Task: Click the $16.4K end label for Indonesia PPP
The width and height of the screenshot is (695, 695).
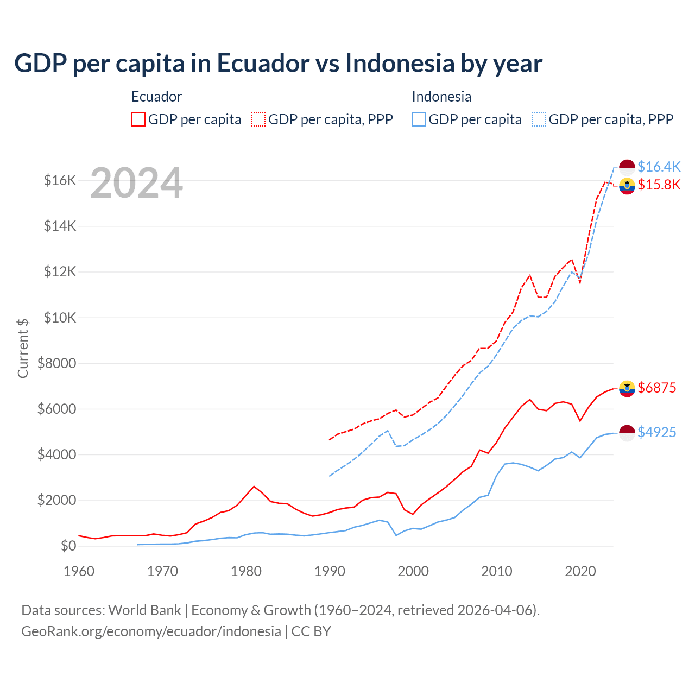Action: coord(659,167)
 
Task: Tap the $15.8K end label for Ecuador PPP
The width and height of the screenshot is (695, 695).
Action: coord(659,185)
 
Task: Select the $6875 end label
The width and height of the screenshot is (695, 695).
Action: coord(657,388)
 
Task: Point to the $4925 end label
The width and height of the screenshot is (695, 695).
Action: coord(657,432)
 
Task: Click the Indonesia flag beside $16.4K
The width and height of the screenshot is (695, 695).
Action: coord(627,167)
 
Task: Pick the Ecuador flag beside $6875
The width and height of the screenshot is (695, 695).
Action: coord(627,388)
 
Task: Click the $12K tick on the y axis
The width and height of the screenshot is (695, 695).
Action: coord(60,271)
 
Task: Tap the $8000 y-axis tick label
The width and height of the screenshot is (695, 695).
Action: coord(57,363)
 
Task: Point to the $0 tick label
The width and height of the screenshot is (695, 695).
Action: coord(68,546)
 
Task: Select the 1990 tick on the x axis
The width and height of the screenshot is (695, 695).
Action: coord(330,571)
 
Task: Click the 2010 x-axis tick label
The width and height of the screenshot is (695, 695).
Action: coord(497,571)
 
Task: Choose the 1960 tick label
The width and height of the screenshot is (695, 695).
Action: coord(79,571)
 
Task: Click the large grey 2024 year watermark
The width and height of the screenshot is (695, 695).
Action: coord(136,183)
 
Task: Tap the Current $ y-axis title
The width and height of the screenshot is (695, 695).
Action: coord(23,348)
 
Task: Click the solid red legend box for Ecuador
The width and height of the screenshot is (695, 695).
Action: coord(138,119)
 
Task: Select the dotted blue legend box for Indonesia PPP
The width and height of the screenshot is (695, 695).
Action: coord(539,119)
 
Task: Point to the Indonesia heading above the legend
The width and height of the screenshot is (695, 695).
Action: coord(441,97)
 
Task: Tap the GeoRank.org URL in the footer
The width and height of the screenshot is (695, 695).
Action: coord(151,631)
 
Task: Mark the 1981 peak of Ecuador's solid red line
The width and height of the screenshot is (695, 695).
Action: coord(254,486)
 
